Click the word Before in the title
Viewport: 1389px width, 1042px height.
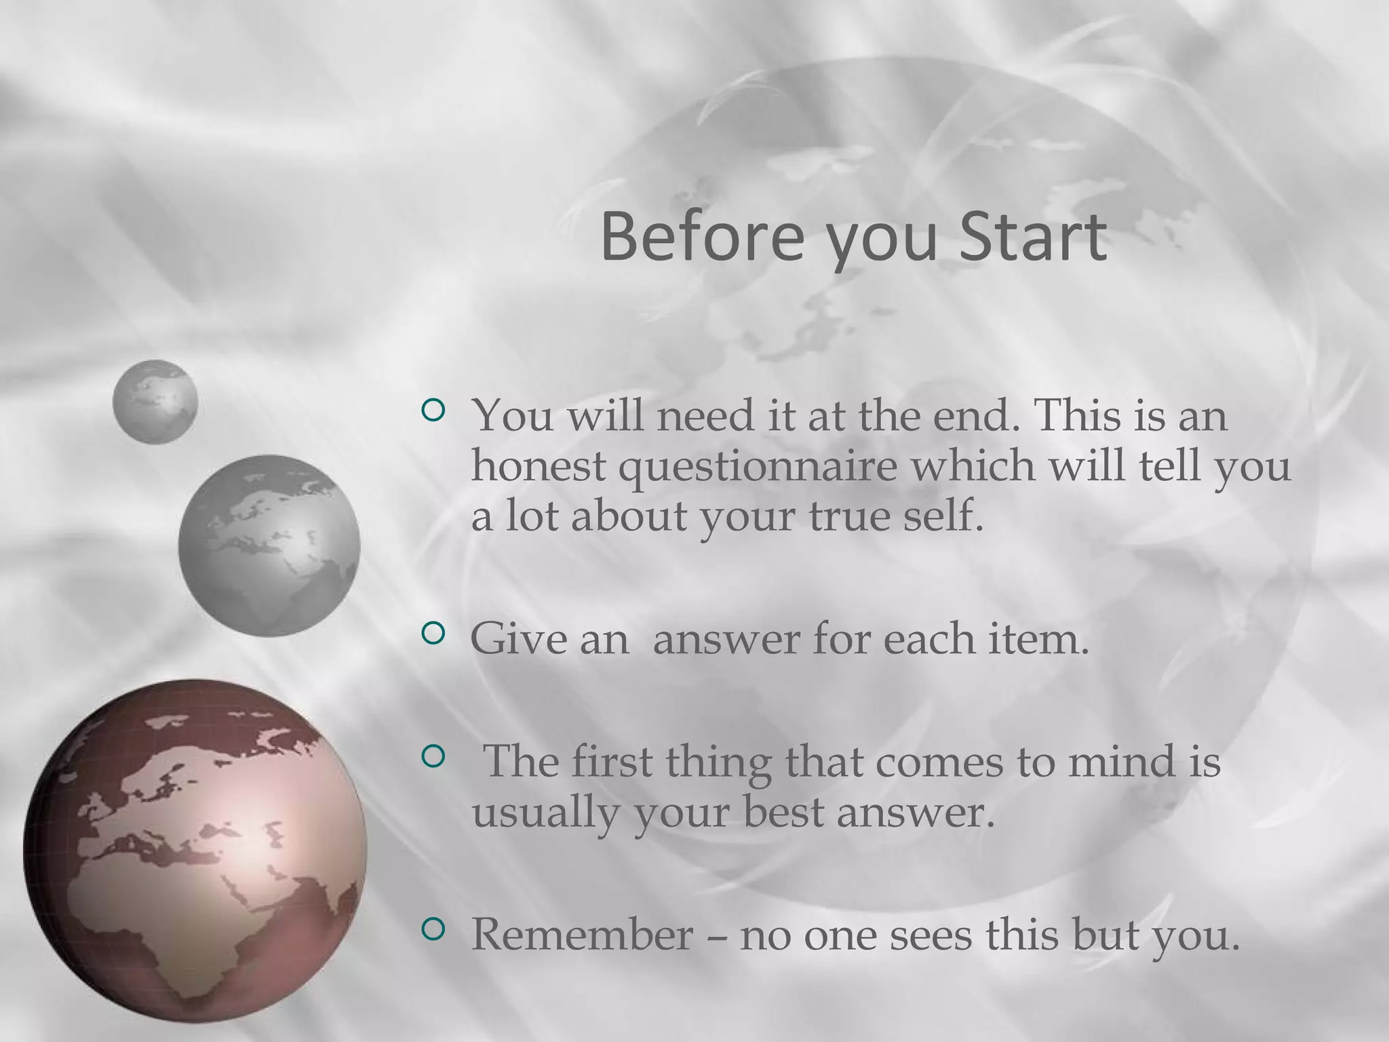(x=702, y=237)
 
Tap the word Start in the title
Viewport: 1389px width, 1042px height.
(x=1033, y=237)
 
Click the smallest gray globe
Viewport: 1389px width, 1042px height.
(x=155, y=402)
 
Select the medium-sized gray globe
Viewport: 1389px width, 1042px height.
(x=269, y=545)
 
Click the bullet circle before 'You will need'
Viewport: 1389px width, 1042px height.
(x=433, y=410)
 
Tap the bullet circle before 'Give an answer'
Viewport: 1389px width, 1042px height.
(x=433, y=634)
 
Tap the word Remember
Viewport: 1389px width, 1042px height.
(x=582, y=934)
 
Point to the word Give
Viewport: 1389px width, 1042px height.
(x=518, y=638)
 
